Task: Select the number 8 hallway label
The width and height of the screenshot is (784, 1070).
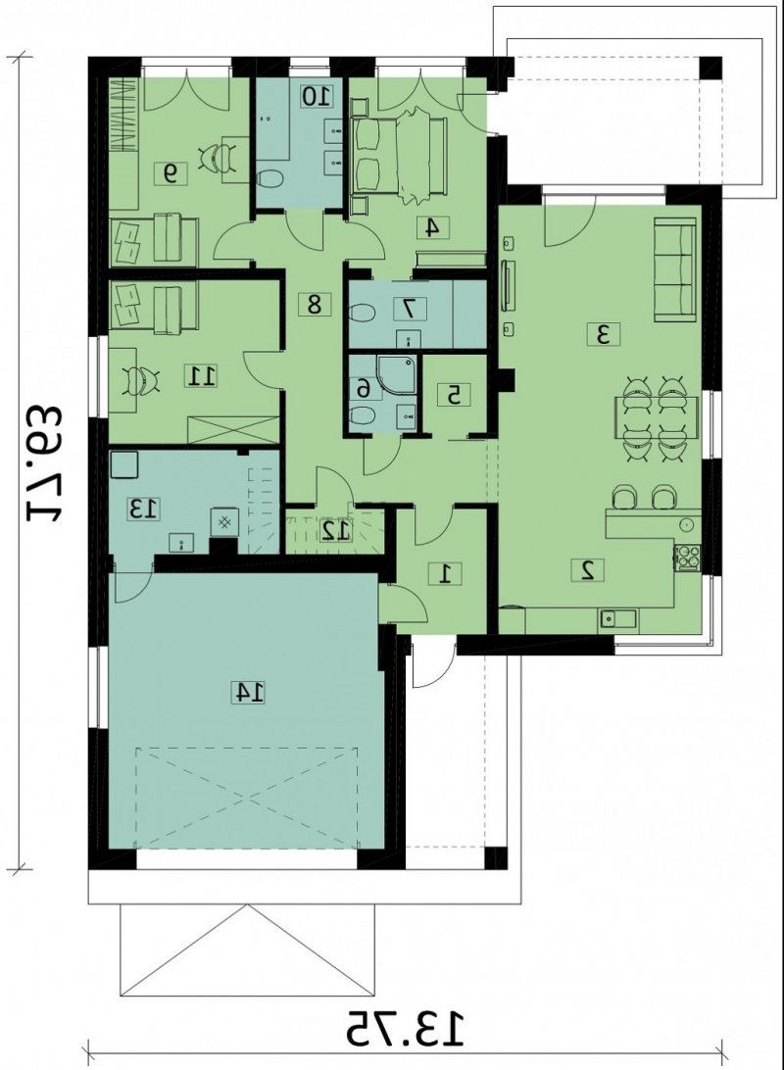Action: point(314,304)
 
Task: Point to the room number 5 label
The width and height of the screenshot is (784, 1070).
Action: point(455,394)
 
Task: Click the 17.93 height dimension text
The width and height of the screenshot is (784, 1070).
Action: point(45,464)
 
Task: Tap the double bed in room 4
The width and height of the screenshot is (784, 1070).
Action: point(399,157)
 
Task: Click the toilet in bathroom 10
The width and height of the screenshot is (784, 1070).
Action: point(270,178)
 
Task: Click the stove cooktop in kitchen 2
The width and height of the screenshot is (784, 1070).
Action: point(684,557)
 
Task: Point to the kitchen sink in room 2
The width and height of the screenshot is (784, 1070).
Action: point(617,618)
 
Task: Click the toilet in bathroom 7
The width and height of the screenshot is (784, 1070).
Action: point(362,314)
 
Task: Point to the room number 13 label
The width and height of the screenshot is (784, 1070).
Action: point(144,509)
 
